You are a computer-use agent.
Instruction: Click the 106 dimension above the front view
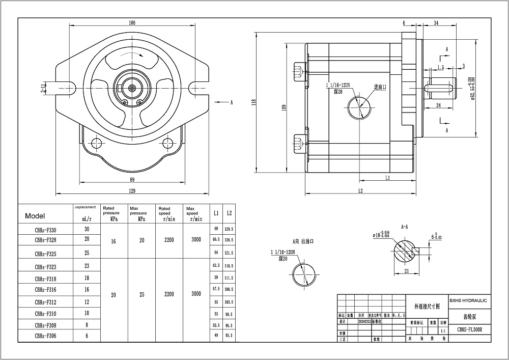pos(132,23)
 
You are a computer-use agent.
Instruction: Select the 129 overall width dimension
pos(132,190)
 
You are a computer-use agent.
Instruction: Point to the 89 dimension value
pos(132,179)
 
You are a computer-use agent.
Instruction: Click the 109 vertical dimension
pos(284,107)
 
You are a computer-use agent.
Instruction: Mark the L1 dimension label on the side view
pos(387,178)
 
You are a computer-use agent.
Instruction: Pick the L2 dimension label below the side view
pos(360,191)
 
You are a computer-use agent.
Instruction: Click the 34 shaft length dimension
pos(436,23)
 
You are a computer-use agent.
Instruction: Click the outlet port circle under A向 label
pos(304,273)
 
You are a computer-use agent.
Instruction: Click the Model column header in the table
pos(35,216)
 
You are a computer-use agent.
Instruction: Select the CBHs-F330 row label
pos(45,230)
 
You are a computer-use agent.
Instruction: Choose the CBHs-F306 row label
pos(45,336)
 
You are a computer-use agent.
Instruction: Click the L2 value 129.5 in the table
pos(229,229)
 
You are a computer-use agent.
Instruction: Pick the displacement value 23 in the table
pos(87,265)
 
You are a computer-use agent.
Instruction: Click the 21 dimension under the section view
pos(406,272)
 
